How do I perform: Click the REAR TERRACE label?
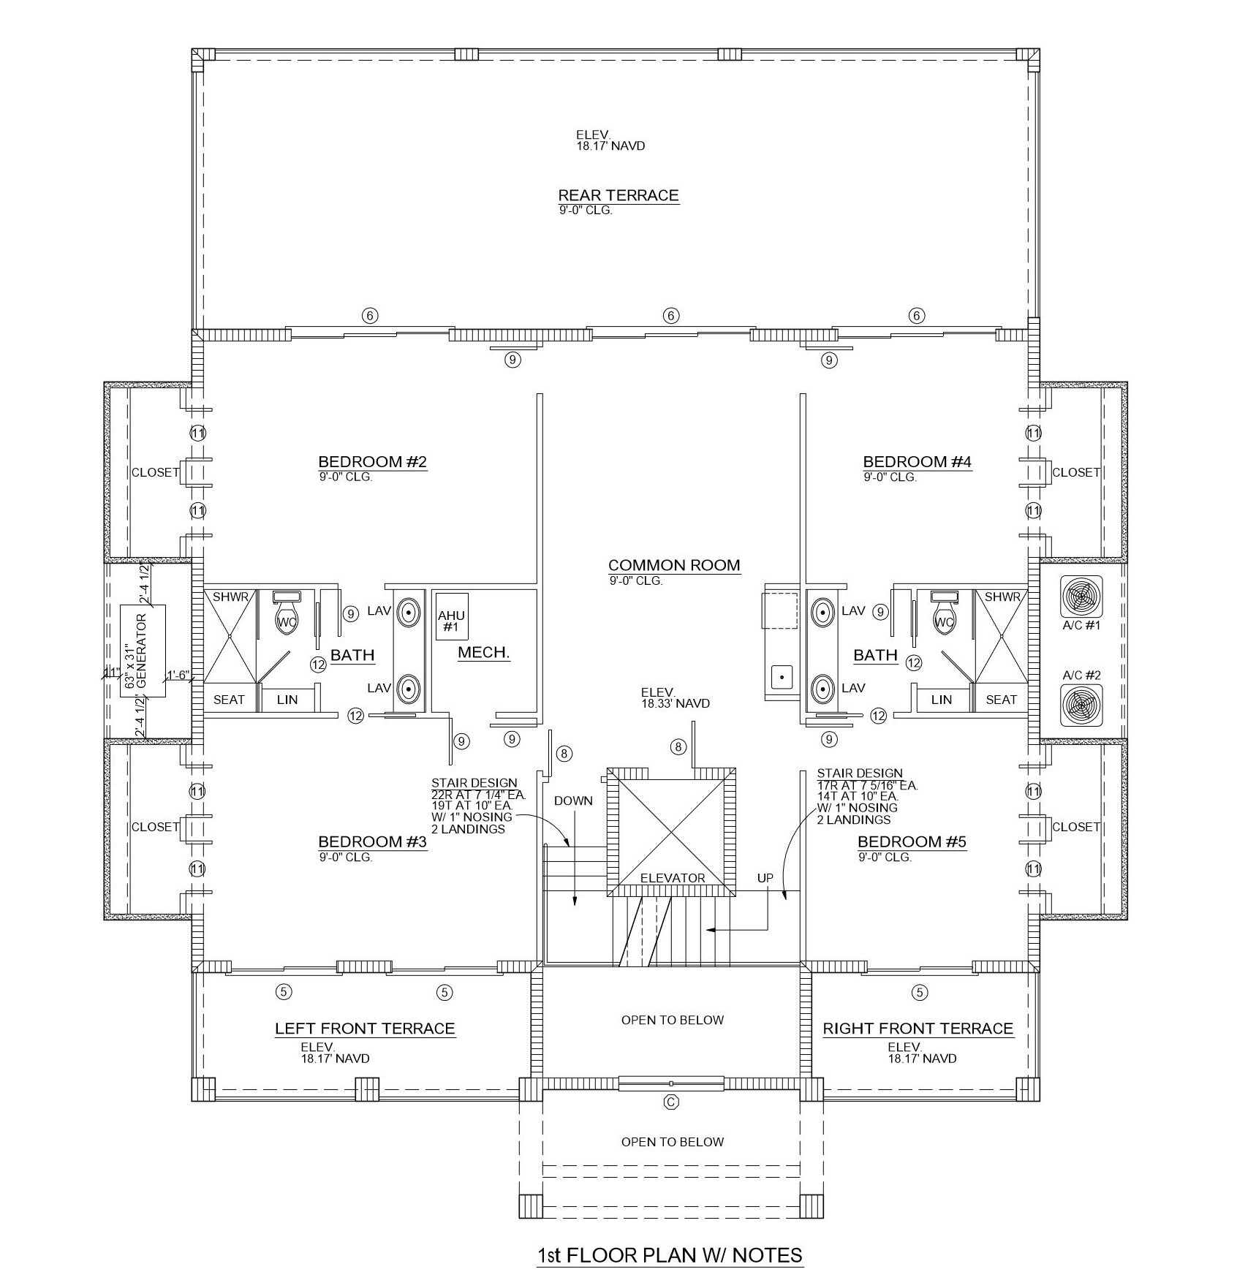pyautogui.click(x=618, y=195)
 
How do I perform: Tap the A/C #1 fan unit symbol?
pyautogui.click(x=1081, y=597)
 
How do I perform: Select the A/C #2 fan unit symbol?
pyautogui.click(x=1081, y=704)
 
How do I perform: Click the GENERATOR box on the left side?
pyautogui.click(x=143, y=651)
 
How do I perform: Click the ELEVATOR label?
pyautogui.click(x=672, y=878)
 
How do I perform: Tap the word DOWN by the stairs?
pyautogui.click(x=573, y=801)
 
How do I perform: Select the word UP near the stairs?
pyautogui.click(x=765, y=878)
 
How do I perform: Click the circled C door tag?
pyautogui.click(x=671, y=1102)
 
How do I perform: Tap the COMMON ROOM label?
pyautogui.click(x=673, y=565)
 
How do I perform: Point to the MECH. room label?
pyautogui.click(x=483, y=653)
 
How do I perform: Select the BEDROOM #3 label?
pyautogui.click(x=372, y=841)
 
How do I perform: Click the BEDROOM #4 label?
pyautogui.click(x=917, y=461)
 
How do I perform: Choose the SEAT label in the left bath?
pyautogui.click(x=229, y=700)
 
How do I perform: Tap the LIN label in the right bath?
pyautogui.click(x=942, y=700)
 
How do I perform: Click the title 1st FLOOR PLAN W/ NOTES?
pyautogui.click(x=670, y=1255)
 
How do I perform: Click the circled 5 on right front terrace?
pyautogui.click(x=920, y=992)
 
